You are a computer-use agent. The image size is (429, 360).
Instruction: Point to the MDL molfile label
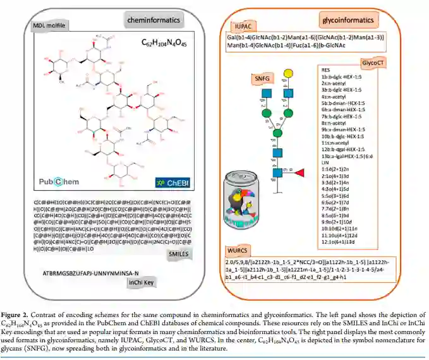pyautogui.click(x=49, y=26)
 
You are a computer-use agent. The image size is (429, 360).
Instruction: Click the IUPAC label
pyautogui.click(x=243, y=27)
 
